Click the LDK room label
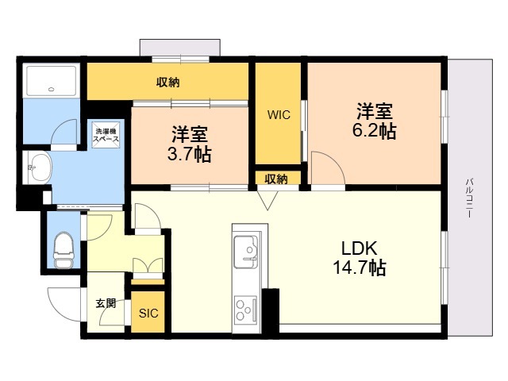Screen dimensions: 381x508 [360, 248]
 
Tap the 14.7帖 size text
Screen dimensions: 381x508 [360, 268]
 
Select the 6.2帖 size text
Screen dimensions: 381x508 [374, 132]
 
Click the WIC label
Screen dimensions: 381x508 [278, 114]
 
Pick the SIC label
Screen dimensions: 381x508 [148, 313]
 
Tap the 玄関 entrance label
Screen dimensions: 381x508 [106, 303]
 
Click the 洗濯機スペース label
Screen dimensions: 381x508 [106, 134]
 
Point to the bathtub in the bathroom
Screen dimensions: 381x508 [51, 81]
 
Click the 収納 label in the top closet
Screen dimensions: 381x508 [167, 81]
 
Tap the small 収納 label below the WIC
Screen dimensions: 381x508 [276, 178]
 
